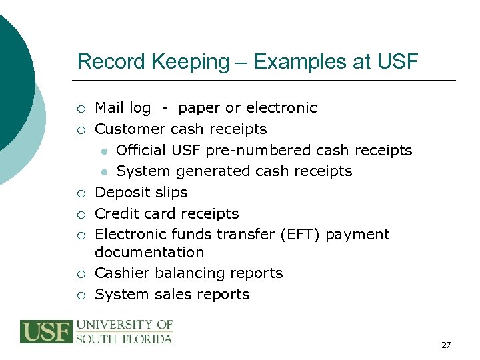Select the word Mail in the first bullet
pyautogui.click(x=108, y=108)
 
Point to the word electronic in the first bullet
pyautogui.click(x=281, y=108)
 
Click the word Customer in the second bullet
pyautogui.click(x=131, y=129)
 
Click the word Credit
pyautogui.click(x=116, y=213)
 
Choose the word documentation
pyautogui.click(x=149, y=252)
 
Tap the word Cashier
pyautogui.click(x=121, y=273)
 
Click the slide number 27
pyautogui.click(x=446, y=345)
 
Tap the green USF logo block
pyautogui.click(x=45, y=332)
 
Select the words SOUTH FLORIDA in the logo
pyautogui.click(x=124, y=339)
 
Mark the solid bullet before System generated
pyautogui.click(x=105, y=172)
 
